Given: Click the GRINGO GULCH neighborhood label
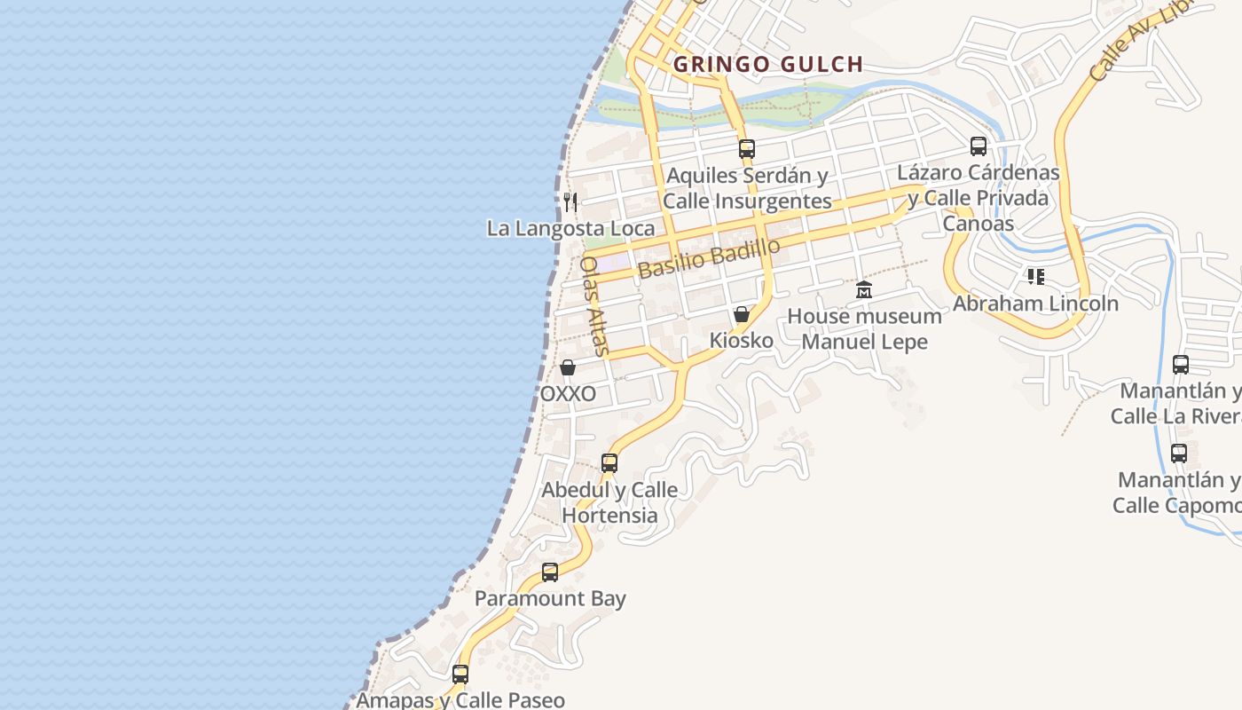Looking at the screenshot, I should coord(768,64).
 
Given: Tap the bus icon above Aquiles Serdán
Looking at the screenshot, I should coord(747,148).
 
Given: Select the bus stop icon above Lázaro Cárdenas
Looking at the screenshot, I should coord(979,146).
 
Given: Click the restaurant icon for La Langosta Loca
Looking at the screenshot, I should coord(570,202).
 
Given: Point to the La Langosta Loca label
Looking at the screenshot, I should coord(570,228).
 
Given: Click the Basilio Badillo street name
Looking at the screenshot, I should coord(709,257).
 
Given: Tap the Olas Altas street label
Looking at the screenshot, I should coord(593,306).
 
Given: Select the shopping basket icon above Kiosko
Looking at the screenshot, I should coord(742,314).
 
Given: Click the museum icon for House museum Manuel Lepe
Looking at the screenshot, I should coord(864,290).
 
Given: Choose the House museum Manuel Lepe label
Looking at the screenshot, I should coord(864,329).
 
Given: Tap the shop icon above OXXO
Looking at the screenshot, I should coord(568,367).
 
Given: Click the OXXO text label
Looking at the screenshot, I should coord(568,393).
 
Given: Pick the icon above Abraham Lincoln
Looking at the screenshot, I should coord(1035,277).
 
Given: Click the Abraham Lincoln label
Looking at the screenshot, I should coord(1035,304).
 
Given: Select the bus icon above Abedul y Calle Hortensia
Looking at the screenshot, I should coord(609,462).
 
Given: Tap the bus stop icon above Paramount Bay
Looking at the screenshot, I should coord(550,572).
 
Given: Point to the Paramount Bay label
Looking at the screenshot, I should coord(550,598).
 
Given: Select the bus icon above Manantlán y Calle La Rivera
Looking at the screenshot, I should coord(1181,364).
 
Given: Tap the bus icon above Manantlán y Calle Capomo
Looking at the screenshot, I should coord(1179,454).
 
